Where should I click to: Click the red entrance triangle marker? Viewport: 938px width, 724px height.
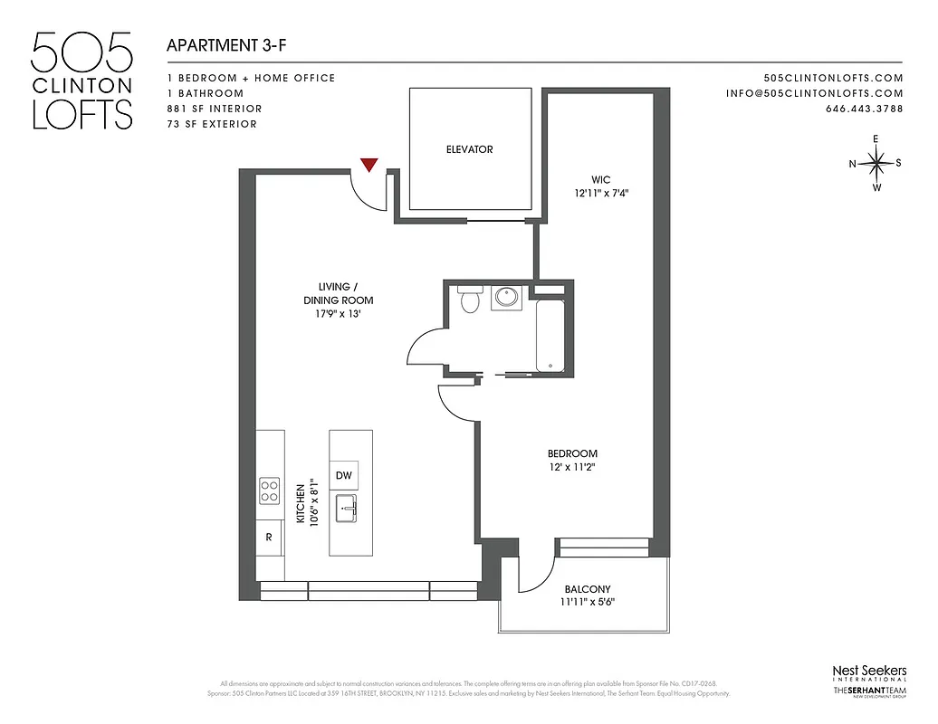368,164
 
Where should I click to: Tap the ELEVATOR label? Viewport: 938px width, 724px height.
469,149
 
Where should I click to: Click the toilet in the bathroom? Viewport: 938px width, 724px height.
469,300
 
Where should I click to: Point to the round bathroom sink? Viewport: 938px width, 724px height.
506,298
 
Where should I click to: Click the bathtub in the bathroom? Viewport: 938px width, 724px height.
550,335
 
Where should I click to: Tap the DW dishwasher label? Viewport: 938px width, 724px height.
343,476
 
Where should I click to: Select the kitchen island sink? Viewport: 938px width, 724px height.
347,509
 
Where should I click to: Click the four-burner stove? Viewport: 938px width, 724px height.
270,491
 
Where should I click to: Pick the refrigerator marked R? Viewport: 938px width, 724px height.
269,537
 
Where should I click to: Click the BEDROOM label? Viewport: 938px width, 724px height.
572,453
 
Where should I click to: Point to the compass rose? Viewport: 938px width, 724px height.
876,164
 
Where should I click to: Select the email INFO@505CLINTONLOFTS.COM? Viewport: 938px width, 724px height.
814,93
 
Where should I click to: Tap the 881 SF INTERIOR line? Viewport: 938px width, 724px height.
215,109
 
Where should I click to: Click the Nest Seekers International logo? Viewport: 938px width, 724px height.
868,673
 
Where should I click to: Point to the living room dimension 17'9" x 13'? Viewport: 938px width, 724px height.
338,314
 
